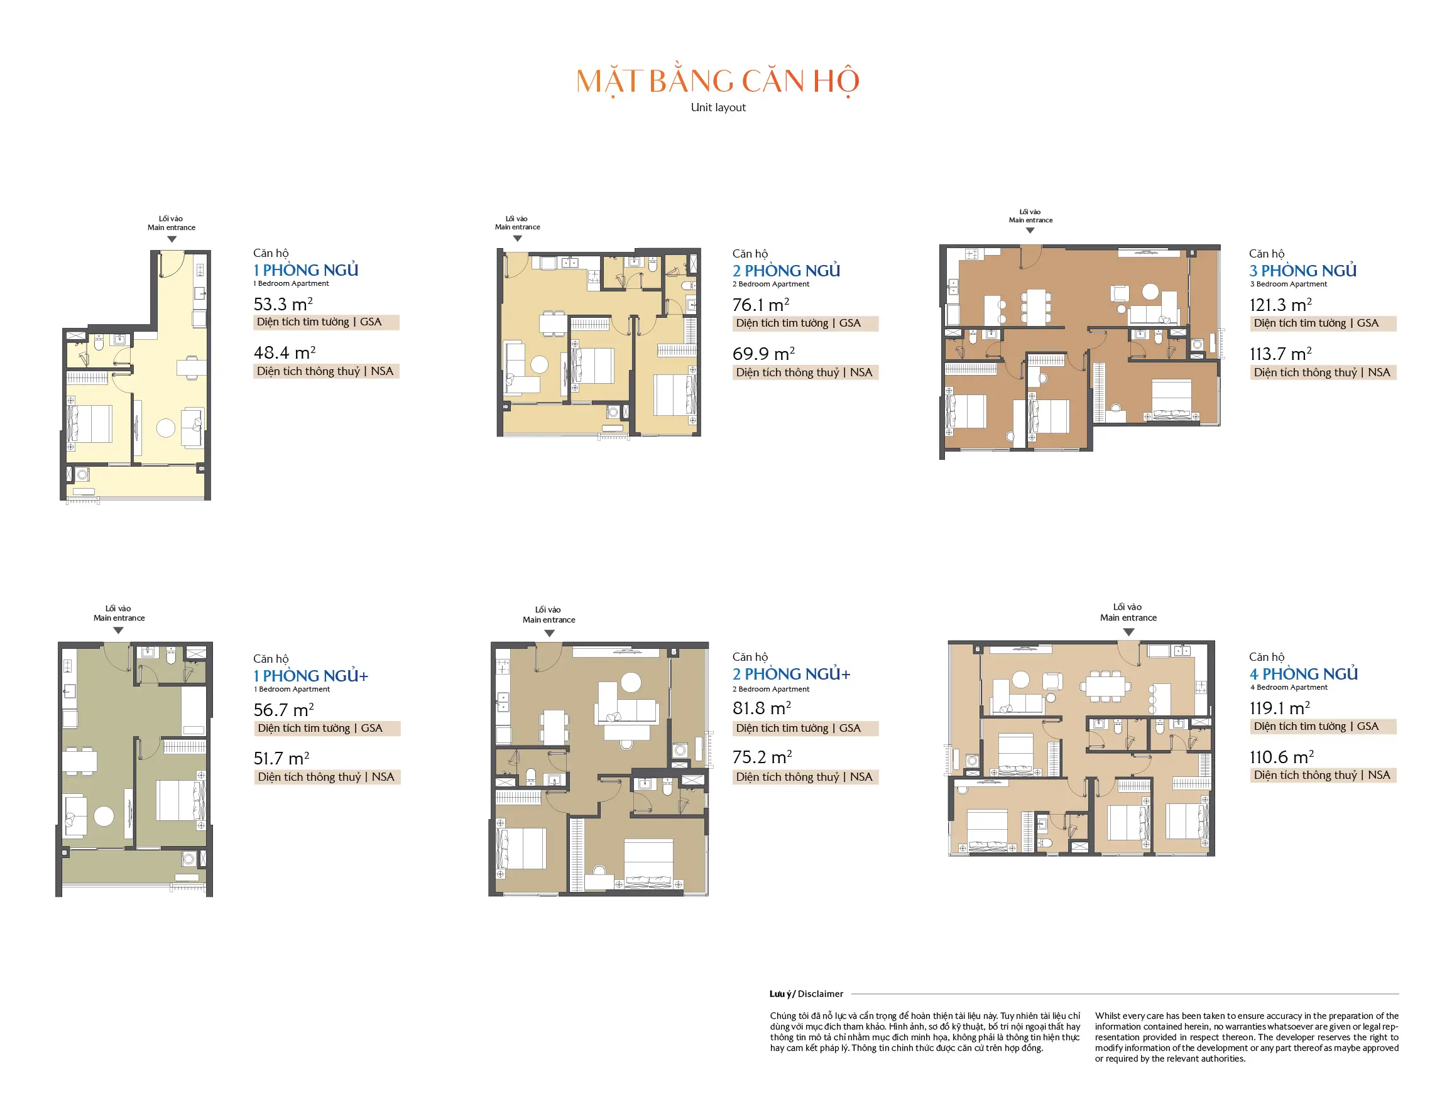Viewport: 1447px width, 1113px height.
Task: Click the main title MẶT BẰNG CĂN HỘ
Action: click(718, 81)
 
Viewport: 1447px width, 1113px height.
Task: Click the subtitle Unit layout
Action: click(718, 107)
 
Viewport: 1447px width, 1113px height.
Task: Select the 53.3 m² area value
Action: click(283, 304)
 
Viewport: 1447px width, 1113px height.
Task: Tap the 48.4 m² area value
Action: click(284, 352)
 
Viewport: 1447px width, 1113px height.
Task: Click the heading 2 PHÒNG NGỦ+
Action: click(791, 674)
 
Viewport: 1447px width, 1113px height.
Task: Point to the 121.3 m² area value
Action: click(1280, 305)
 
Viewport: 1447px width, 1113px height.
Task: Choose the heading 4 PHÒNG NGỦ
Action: click(1303, 674)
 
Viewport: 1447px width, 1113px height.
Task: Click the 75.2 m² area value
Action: click(762, 757)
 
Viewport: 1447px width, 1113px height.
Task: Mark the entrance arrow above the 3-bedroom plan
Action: click(1030, 231)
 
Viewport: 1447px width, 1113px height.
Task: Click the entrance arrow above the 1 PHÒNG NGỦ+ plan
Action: click(119, 631)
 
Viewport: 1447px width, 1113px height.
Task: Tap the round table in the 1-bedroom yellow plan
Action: click(166, 428)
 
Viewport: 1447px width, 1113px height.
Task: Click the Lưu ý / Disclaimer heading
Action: click(805, 994)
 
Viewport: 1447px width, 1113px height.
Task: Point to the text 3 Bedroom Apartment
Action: click(1288, 284)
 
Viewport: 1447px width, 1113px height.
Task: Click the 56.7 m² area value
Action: click(283, 710)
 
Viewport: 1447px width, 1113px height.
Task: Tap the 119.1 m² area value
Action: click(1279, 707)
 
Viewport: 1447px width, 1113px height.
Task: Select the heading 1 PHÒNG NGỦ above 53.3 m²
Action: click(305, 269)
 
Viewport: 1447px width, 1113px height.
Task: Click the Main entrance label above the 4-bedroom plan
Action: click(1128, 617)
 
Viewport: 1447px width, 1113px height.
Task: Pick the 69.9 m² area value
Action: click(763, 354)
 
